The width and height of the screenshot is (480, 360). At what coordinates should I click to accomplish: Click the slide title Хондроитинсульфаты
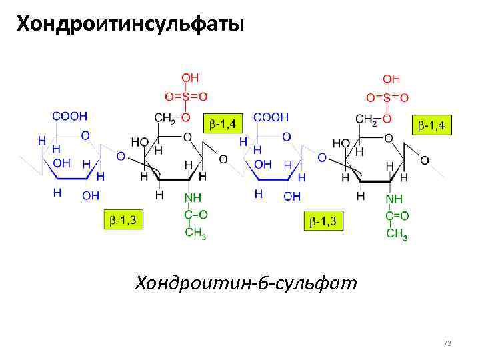(130, 25)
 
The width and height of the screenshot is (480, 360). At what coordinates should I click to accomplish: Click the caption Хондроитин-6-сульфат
(246, 283)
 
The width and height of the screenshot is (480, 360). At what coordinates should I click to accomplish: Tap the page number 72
(447, 343)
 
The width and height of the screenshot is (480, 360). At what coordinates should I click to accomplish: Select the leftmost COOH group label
(70, 116)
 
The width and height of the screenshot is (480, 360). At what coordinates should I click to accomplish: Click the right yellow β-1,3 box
(324, 221)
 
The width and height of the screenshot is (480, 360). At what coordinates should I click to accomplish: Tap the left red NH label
(193, 198)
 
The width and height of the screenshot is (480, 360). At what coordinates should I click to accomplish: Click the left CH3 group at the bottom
(195, 233)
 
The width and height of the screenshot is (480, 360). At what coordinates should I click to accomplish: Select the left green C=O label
(195, 215)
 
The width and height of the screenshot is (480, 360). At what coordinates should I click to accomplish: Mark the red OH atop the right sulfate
(391, 79)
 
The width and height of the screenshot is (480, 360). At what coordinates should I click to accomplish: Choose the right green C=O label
(397, 215)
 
